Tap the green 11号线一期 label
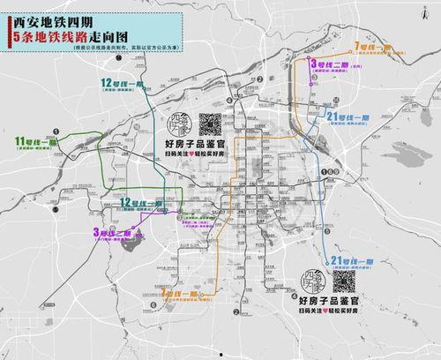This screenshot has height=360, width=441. click(x=36, y=141)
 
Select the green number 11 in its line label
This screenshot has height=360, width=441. click(x=20, y=141)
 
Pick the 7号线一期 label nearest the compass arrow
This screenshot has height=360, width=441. click(x=372, y=44)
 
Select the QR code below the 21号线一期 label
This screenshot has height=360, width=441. click(x=343, y=282)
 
